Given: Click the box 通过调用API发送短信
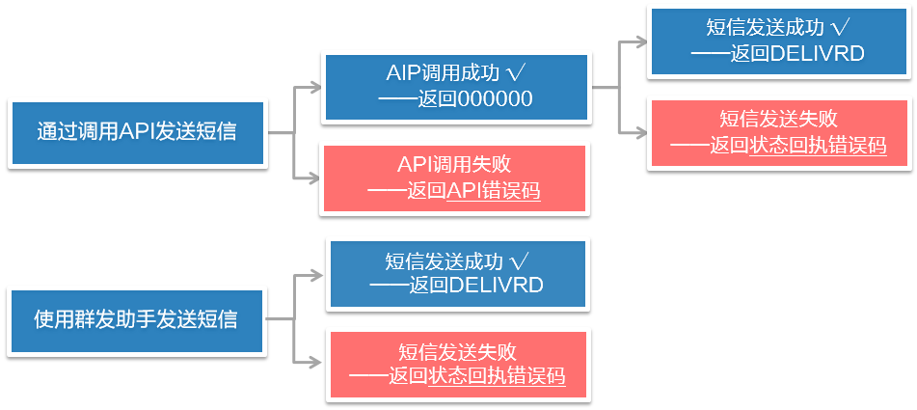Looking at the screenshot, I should (137, 132).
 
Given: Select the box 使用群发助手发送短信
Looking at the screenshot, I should (137, 318).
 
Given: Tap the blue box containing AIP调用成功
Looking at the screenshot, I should (455, 87).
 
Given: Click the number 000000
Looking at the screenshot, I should (496, 99).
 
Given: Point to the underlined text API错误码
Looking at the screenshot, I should (493, 191).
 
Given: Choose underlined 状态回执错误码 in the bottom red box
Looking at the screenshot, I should (496, 376).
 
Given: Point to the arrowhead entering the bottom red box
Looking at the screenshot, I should (321, 364).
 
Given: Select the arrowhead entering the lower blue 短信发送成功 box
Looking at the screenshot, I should (321, 273).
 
